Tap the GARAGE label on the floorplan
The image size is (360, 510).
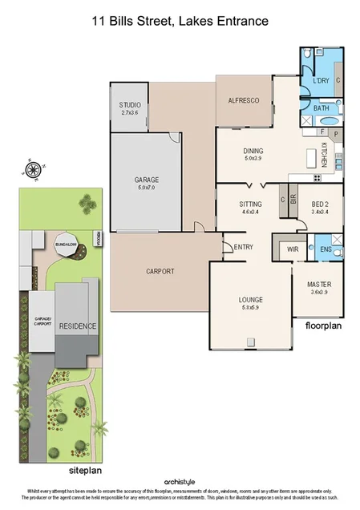point(147,180)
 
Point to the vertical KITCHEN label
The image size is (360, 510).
point(324,153)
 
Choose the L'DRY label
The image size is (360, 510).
point(321,80)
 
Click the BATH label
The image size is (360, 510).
point(321,107)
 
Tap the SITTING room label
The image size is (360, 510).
point(251,205)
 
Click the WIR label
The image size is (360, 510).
point(293,249)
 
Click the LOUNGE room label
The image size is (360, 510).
point(251,301)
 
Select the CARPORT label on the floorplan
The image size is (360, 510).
point(160,271)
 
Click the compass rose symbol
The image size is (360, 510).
point(34,169)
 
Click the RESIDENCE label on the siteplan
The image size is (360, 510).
point(77,326)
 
